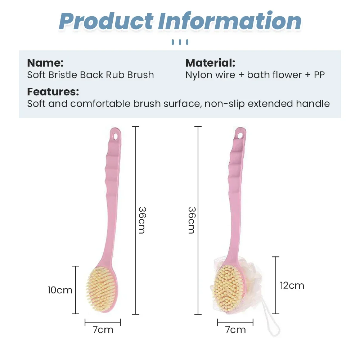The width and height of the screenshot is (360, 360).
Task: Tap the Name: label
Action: coord(45,63)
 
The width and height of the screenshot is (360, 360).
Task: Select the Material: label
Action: coord(210,63)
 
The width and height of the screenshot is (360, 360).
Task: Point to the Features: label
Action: coord(53,92)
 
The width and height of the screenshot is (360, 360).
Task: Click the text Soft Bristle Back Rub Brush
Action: coord(90,75)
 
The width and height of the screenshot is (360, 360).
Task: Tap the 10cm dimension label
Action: coord(60,290)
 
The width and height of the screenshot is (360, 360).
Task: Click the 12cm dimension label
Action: coord(292,285)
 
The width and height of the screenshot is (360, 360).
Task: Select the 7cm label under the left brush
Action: coord(103,330)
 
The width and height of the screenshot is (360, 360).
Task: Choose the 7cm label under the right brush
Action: coord(235,330)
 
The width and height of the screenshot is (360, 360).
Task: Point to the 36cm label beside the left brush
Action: coord(142,220)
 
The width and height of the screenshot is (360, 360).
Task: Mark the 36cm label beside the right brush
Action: coord(192,220)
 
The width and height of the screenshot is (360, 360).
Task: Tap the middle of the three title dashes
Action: coord(180,42)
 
